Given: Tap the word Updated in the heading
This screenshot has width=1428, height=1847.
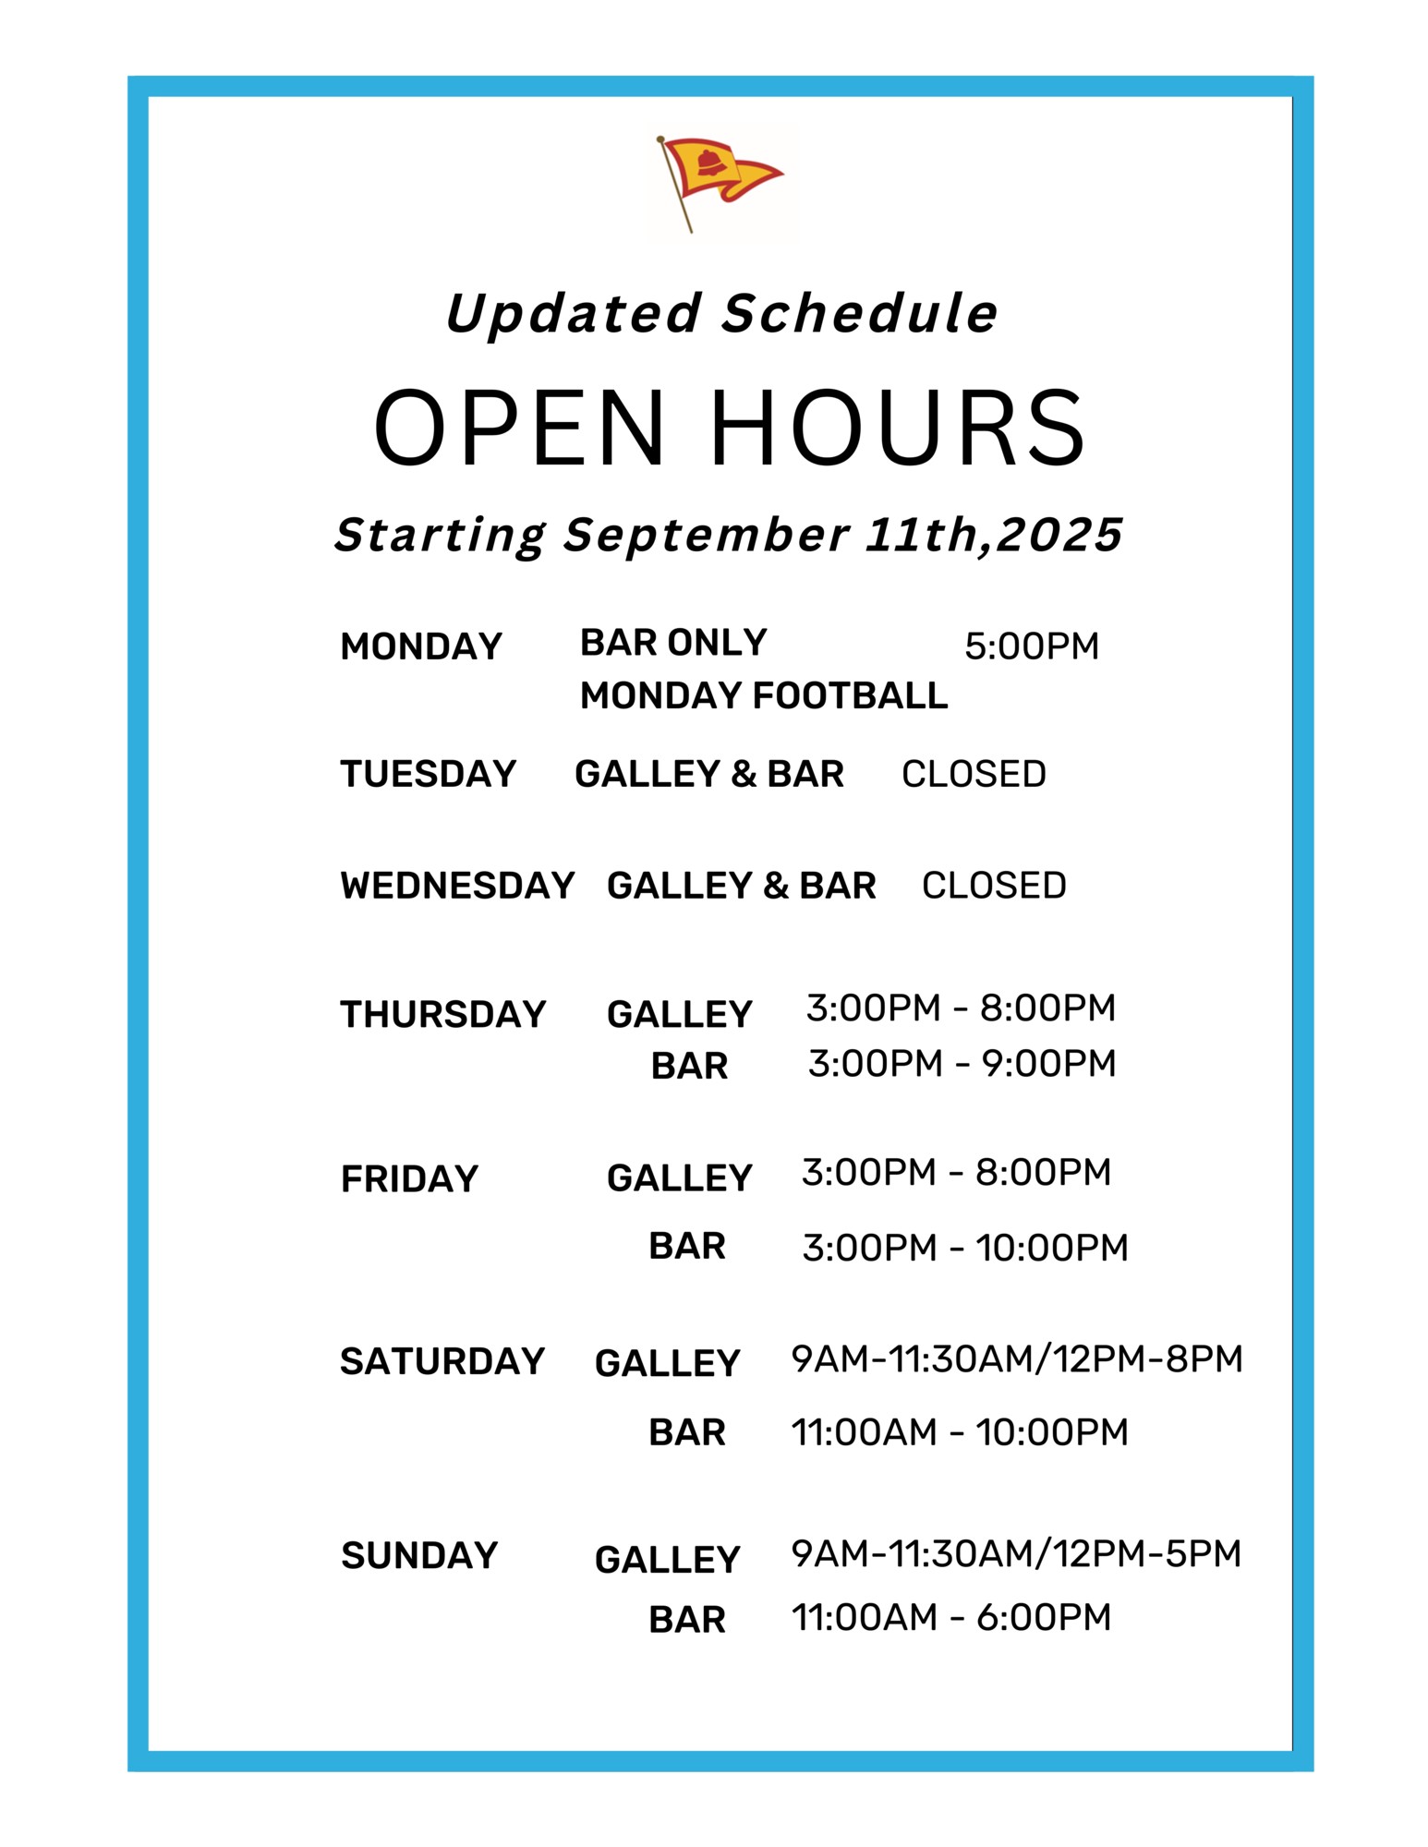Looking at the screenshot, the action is pyautogui.click(x=573, y=315).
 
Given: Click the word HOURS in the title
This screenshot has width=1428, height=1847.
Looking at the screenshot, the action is pyautogui.click(x=898, y=428).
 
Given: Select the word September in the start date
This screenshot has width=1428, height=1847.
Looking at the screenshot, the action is pyautogui.click(x=707, y=536).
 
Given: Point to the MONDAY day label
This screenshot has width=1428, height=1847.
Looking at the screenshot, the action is pyautogui.click(x=421, y=646).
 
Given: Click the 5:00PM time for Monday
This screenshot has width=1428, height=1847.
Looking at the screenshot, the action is pyautogui.click(x=1032, y=646).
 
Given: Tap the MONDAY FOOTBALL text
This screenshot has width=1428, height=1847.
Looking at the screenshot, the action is pyautogui.click(x=764, y=695).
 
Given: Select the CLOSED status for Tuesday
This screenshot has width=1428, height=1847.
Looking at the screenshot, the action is pyautogui.click(x=974, y=774).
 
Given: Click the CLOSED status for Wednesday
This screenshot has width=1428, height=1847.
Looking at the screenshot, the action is pyautogui.click(x=994, y=886).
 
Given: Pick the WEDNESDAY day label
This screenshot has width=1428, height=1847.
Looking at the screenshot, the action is pyautogui.click(x=457, y=886).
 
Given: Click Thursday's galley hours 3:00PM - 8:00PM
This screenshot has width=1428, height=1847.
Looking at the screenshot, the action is pyautogui.click(x=961, y=1008).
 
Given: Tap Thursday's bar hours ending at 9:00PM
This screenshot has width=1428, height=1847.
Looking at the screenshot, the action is pyautogui.click(x=962, y=1064).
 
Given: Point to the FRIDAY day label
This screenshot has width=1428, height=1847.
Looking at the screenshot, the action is pyautogui.click(x=409, y=1179).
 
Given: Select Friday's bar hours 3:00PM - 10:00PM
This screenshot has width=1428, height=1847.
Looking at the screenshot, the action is pyautogui.click(x=965, y=1248).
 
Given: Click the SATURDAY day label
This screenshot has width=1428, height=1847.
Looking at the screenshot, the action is pyautogui.click(x=442, y=1361).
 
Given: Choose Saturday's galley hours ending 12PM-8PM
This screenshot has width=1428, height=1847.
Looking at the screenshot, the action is pyautogui.click(x=1017, y=1358).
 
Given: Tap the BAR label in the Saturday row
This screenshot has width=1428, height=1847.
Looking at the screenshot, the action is pyautogui.click(x=687, y=1432).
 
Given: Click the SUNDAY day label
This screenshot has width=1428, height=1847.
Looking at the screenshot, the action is pyautogui.click(x=419, y=1555).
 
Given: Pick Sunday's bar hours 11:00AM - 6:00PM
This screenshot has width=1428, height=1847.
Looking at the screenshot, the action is pyautogui.click(x=951, y=1617).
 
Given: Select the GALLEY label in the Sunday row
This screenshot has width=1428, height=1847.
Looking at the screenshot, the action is pyautogui.click(x=668, y=1560).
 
